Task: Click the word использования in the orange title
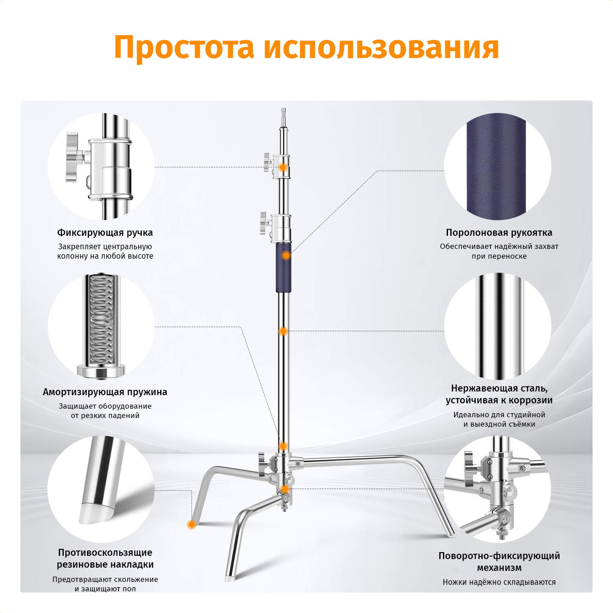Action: point(381,47)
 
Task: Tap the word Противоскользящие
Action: point(105,553)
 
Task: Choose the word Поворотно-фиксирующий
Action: point(499,556)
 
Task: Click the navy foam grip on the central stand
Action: point(283,268)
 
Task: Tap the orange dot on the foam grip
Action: point(286,255)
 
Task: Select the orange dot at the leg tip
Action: point(191,524)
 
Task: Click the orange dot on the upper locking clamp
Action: point(283,168)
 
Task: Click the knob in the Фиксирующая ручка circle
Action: point(74,157)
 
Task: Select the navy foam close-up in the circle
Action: point(496,167)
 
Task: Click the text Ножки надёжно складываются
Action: point(499,582)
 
